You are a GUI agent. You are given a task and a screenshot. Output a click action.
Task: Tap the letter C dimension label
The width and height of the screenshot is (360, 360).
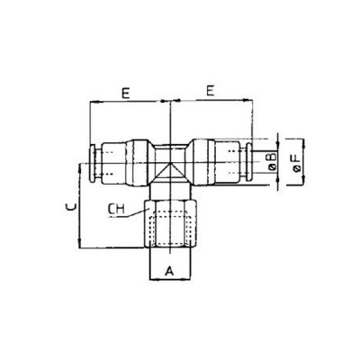coord(70,208)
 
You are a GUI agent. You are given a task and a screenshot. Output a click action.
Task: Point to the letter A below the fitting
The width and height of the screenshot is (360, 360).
coord(169,268)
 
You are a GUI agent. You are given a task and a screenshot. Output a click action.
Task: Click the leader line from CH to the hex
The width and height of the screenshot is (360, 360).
coord(135,212)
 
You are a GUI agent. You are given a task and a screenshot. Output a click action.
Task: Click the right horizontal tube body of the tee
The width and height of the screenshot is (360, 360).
coord(216,162)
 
